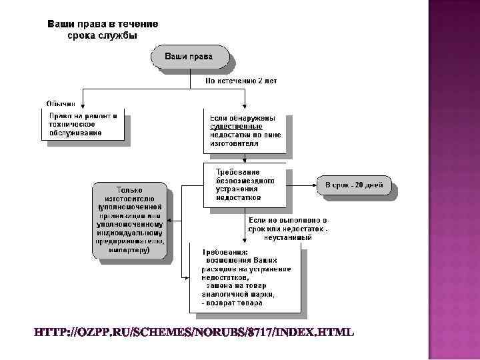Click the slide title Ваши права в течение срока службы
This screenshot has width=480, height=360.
pyautogui.click(x=102, y=30)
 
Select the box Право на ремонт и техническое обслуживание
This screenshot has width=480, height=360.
pyautogui.click(x=83, y=125)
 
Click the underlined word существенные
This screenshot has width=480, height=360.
pyautogui.click(x=236, y=125)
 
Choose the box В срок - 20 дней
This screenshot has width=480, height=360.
pyautogui.click(x=354, y=185)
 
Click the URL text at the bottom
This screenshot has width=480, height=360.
pyautogui.click(x=194, y=332)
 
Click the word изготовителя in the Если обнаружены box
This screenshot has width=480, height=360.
pyautogui.click(x=233, y=143)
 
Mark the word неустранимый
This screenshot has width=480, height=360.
pyautogui.click(x=288, y=237)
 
